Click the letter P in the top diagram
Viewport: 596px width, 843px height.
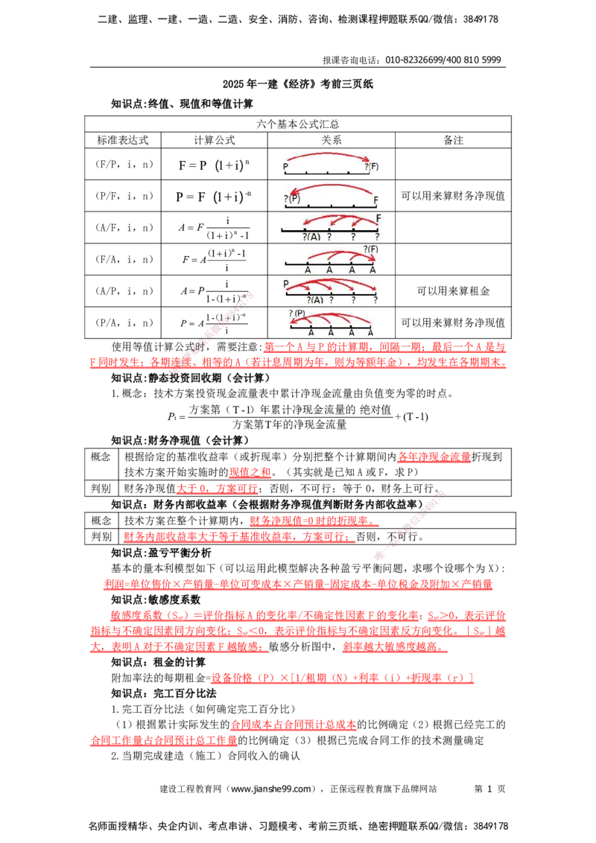coord(285,167)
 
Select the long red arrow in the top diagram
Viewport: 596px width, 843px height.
coord(328,153)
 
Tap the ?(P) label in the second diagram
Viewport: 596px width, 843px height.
coord(291,199)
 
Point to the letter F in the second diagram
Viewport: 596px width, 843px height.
coord(375,200)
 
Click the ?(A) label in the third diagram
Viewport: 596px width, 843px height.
coord(311,236)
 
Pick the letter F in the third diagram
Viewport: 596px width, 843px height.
coord(378,218)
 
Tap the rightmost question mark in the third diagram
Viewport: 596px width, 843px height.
coord(377,236)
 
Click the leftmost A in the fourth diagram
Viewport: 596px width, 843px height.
coord(308,270)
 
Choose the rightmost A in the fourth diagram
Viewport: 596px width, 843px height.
coord(372,270)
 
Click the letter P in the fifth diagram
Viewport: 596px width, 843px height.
coord(285,284)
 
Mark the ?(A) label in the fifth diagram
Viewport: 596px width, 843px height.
coord(315,299)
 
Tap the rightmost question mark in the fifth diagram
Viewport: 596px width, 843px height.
coord(376,299)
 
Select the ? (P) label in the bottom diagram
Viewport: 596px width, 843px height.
coord(297,313)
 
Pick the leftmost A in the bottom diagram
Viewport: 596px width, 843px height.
coord(311,332)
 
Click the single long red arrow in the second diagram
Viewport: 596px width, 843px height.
coord(328,187)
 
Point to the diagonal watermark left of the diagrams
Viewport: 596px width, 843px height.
coord(212,331)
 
